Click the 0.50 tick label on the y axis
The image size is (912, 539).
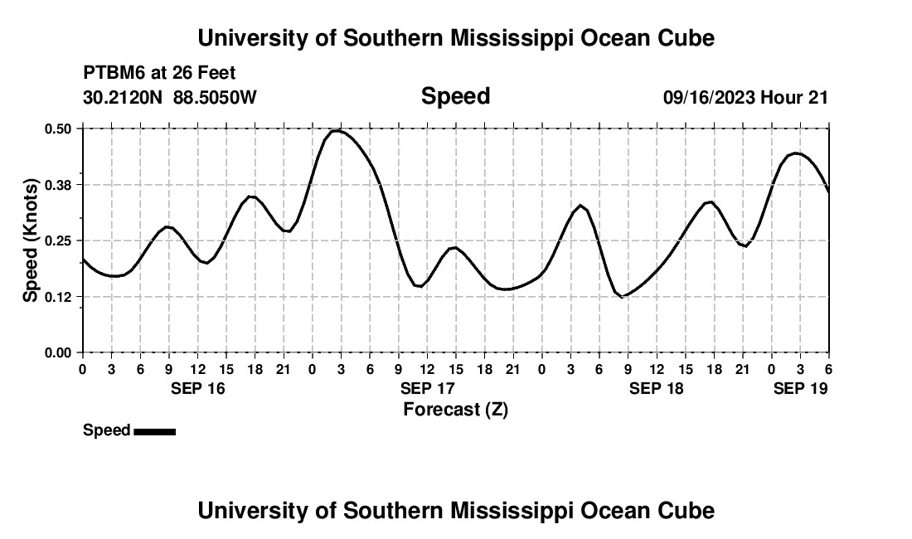coord(59,129)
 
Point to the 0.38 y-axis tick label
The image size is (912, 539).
coord(59,184)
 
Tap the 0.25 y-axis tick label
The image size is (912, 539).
coord(59,240)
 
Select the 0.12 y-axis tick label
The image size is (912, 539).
coord(59,296)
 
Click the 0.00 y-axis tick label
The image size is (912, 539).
coord(59,352)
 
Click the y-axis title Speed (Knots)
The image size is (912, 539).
coord(30,240)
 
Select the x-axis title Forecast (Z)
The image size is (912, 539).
coord(455,409)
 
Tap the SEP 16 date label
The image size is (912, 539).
coord(196,388)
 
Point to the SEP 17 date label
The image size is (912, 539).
coord(428,388)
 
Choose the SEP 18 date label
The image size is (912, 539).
coord(657,388)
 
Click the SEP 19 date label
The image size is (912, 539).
coord(800,388)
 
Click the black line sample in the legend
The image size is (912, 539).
coord(154,431)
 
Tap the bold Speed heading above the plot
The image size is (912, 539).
coord(455,96)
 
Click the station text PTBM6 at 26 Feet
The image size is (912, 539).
coord(159,74)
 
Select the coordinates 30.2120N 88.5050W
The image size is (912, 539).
coord(170,97)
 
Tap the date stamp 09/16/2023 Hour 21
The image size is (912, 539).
coord(745,97)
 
